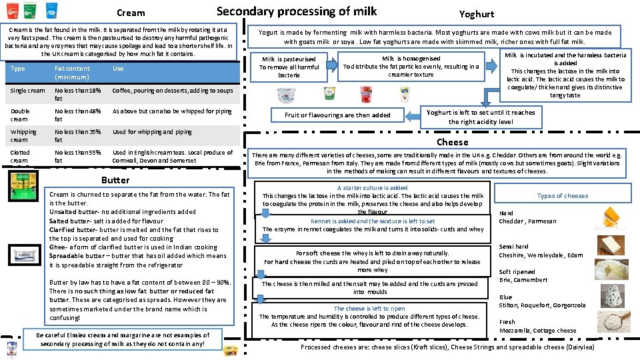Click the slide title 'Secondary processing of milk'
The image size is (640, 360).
point(297,11)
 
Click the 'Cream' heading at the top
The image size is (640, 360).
point(130,13)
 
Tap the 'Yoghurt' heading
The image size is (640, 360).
point(477,14)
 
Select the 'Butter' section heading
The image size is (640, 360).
point(115,180)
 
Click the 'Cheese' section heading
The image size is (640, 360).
point(453,142)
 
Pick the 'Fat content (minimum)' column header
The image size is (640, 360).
point(73,72)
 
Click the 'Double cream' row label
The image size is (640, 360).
point(20,115)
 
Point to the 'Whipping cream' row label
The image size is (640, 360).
point(23,135)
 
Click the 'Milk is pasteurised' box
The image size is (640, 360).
point(289,67)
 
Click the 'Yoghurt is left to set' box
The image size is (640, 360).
point(481,117)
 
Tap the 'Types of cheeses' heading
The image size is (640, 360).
point(563,196)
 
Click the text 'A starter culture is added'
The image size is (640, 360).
point(373,188)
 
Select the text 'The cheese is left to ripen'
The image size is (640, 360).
point(369,309)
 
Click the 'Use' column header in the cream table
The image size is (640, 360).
point(118,69)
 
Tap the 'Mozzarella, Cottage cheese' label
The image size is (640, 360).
point(537,331)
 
